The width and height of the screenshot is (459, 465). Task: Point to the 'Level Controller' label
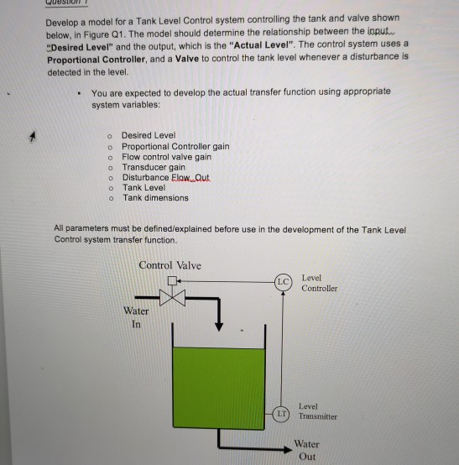click(x=319, y=283)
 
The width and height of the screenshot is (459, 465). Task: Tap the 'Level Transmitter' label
click(x=319, y=410)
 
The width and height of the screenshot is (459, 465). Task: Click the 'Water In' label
click(x=136, y=316)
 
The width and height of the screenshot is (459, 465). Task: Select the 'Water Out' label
click(x=306, y=450)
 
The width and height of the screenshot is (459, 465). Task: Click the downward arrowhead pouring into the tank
click(x=220, y=327)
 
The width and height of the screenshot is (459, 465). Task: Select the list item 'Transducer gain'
click(x=154, y=167)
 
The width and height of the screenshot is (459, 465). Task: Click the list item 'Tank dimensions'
click(x=155, y=198)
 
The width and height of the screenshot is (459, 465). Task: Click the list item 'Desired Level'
click(x=149, y=135)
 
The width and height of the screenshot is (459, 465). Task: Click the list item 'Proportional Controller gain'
click(x=175, y=146)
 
